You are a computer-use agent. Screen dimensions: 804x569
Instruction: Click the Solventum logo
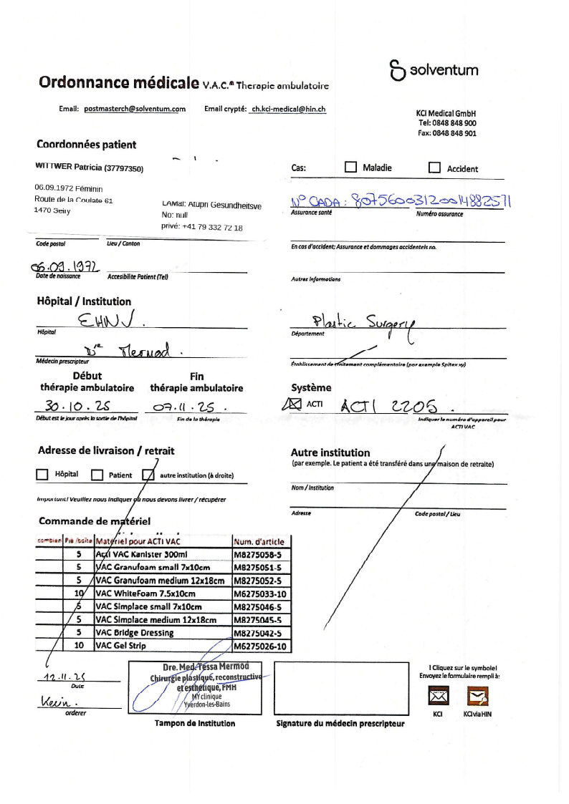tap(434, 70)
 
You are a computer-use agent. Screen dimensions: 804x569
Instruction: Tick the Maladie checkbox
tap(350, 168)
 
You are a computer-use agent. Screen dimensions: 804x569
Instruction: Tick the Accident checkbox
tap(434, 168)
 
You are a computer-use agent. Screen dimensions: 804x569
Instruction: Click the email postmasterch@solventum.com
tap(135, 109)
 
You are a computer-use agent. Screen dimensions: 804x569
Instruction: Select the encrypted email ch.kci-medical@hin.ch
tap(287, 109)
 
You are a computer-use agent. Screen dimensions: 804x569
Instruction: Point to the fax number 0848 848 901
tap(447, 133)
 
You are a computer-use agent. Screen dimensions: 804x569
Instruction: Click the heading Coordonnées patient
tap(86, 145)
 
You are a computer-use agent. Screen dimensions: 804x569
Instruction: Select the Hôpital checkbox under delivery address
tap(42, 475)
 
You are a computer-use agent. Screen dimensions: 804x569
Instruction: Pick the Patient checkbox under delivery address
tap(97, 475)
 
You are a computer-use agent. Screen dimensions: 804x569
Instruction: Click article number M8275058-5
tap(259, 555)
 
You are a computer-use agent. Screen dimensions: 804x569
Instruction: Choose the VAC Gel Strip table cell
tap(163, 646)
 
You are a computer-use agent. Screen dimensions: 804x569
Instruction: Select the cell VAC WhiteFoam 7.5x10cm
tap(163, 594)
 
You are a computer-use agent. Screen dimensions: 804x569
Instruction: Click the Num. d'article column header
tap(259, 541)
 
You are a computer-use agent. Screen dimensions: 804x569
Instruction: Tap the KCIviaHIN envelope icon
tap(477, 696)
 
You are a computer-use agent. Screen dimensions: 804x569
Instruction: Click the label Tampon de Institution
tap(195, 723)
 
